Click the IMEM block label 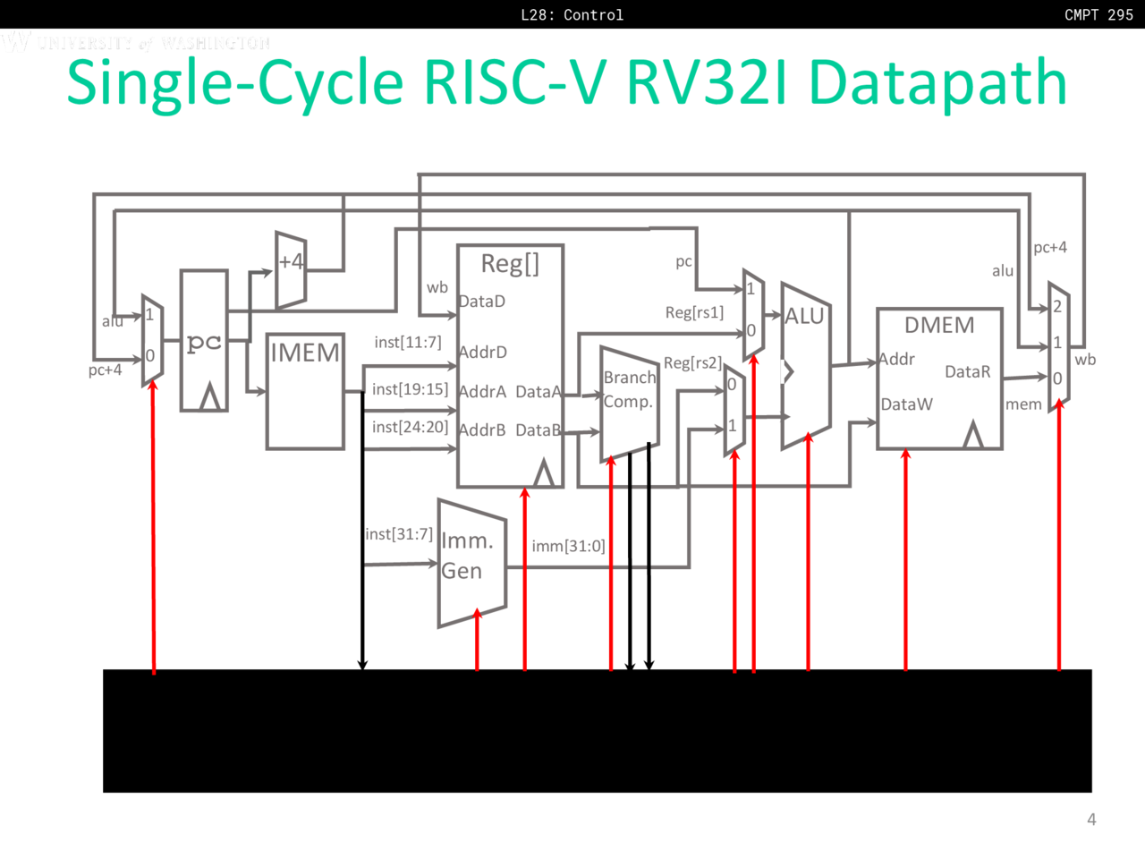click(x=305, y=353)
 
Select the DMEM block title click(x=939, y=325)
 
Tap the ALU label click(x=804, y=316)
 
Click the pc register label click(x=204, y=342)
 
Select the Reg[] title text click(x=510, y=263)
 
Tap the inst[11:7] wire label click(x=408, y=342)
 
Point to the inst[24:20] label click(x=410, y=427)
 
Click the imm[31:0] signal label click(x=568, y=546)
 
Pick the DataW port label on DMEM click(x=906, y=404)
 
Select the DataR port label click(x=967, y=371)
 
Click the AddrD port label click(x=483, y=353)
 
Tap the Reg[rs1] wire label click(x=694, y=312)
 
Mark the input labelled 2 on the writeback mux click(x=1057, y=307)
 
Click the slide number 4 click(x=1091, y=819)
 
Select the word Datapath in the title click(x=937, y=82)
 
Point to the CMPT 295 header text click(x=1098, y=14)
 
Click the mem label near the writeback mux click(x=1023, y=404)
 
